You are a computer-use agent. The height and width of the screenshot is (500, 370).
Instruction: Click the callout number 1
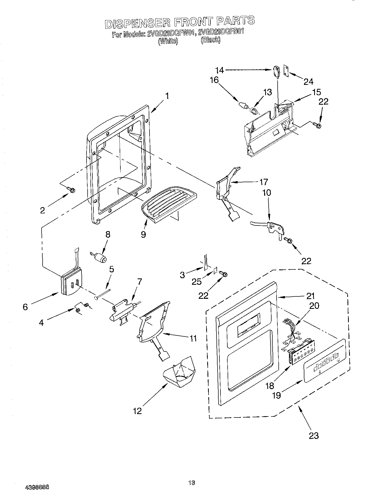(167, 96)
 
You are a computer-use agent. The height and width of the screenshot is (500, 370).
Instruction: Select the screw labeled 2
(71, 189)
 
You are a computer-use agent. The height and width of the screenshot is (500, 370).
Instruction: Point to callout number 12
(138, 410)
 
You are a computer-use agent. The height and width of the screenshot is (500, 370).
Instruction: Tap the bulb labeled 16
(243, 105)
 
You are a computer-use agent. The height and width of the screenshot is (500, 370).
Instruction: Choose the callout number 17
(264, 182)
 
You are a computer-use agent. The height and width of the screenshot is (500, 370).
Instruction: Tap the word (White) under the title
(168, 41)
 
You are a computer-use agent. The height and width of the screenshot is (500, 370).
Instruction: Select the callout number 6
(25, 307)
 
